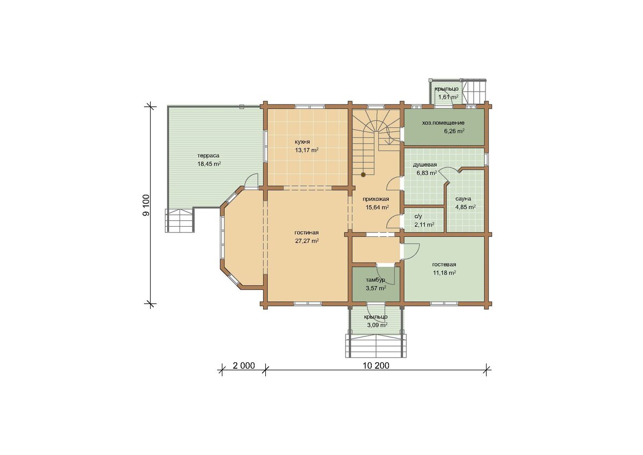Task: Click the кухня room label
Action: [302, 142]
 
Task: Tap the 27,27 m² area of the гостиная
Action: [306, 241]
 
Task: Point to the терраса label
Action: [208, 155]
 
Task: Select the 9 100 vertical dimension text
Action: [146, 205]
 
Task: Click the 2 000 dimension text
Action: [244, 366]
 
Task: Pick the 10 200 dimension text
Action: [376, 366]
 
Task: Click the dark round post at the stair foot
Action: [363, 174]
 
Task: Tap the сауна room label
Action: [463, 199]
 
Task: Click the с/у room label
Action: [418, 217]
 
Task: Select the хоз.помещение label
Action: [443, 123]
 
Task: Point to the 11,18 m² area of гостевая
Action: [444, 273]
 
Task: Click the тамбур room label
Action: [375, 280]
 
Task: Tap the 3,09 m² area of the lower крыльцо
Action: [377, 325]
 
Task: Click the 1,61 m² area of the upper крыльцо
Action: [448, 97]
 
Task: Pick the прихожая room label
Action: [376, 199]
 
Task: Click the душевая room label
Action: [425, 165]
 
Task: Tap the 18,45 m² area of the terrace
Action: [209, 164]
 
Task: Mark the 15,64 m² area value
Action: [377, 207]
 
